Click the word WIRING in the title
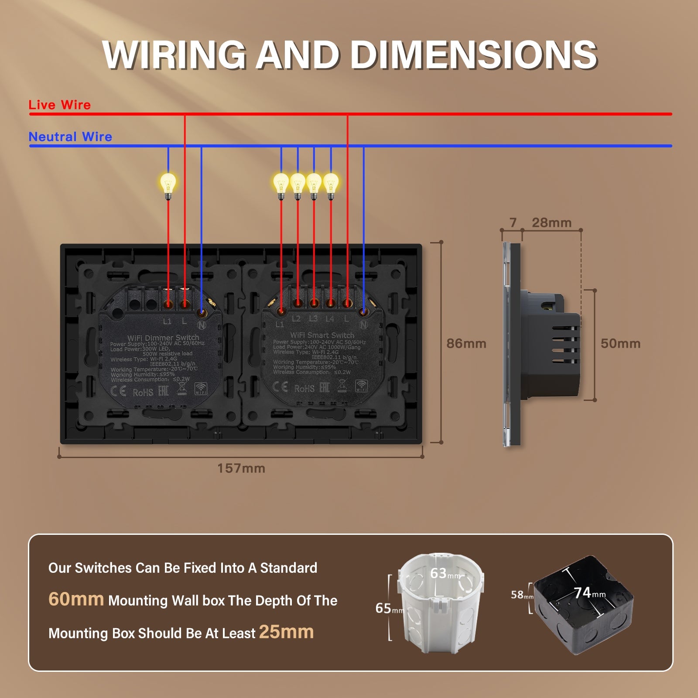[174, 55]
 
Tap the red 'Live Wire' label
[59, 105]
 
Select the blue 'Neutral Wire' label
[70, 137]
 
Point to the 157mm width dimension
[241, 468]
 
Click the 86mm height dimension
[466, 343]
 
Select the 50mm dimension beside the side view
[620, 343]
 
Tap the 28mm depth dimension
[551, 222]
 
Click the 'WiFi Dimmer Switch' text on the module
[163, 337]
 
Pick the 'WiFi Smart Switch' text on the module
[322, 335]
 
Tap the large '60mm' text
[76, 599]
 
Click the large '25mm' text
[286, 632]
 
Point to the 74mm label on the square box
[589, 592]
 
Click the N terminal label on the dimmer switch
[202, 325]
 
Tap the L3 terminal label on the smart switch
[313, 319]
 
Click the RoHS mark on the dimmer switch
[143, 392]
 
